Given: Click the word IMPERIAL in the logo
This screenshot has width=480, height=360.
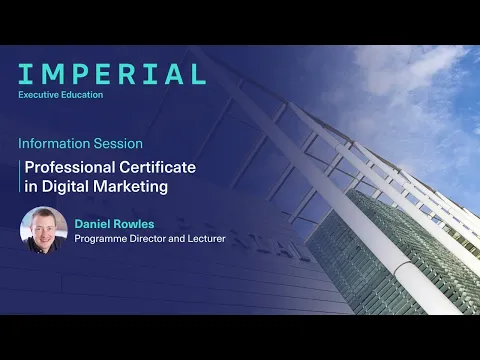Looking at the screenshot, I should tap(112, 73).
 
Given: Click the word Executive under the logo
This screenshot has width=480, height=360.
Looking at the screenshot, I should tap(40, 96).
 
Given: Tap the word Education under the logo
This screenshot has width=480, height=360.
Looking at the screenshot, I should tap(85, 96).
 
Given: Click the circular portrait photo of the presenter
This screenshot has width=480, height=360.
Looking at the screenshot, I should tap(44, 229).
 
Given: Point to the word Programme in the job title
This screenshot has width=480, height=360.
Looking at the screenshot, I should tap(102, 238).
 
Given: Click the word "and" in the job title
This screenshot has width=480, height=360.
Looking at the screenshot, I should tap(180, 238).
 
